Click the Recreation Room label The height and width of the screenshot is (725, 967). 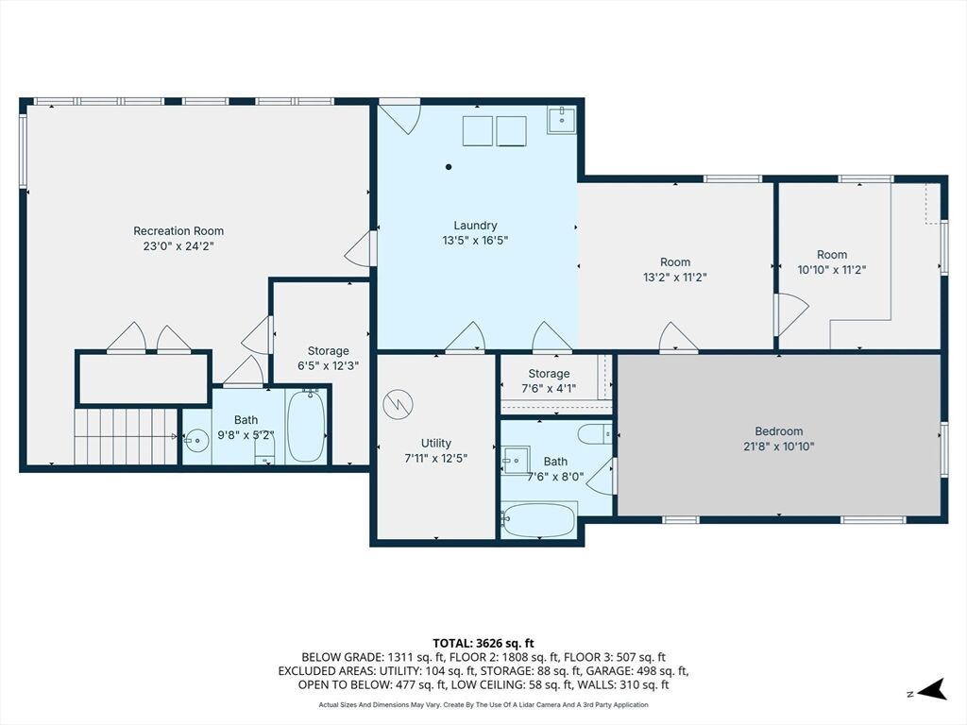pyautogui.click(x=178, y=231)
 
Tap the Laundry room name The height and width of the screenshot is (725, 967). pyautogui.click(x=475, y=226)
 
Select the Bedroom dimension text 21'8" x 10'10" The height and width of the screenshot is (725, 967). pyautogui.click(x=779, y=447)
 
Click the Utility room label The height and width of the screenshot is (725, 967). pyautogui.click(x=436, y=444)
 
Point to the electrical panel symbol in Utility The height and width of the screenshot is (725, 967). pyautogui.click(x=398, y=405)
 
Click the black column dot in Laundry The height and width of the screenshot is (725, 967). pyautogui.click(x=449, y=167)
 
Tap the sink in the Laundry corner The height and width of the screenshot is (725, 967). pyautogui.click(x=562, y=120)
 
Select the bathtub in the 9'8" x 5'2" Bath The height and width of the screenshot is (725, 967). pyautogui.click(x=307, y=426)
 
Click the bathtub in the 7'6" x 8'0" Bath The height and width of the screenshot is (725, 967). pyautogui.click(x=539, y=521)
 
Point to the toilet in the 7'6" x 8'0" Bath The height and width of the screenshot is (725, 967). pyautogui.click(x=595, y=434)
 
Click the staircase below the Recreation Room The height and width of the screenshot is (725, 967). pyautogui.click(x=127, y=436)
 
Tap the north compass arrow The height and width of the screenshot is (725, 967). pyautogui.click(x=931, y=690)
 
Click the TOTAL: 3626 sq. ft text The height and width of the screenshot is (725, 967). pyautogui.click(x=483, y=644)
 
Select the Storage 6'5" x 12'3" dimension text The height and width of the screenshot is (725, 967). pyautogui.click(x=328, y=365)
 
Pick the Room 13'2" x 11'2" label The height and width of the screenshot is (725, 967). pyautogui.click(x=674, y=269)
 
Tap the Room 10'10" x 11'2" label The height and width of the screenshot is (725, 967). pyautogui.click(x=832, y=262)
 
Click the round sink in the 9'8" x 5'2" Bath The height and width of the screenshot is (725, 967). pyautogui.click(x=196, y=440)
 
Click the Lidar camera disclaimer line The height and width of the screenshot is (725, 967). pyautogui.click(x=483, y=704)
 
